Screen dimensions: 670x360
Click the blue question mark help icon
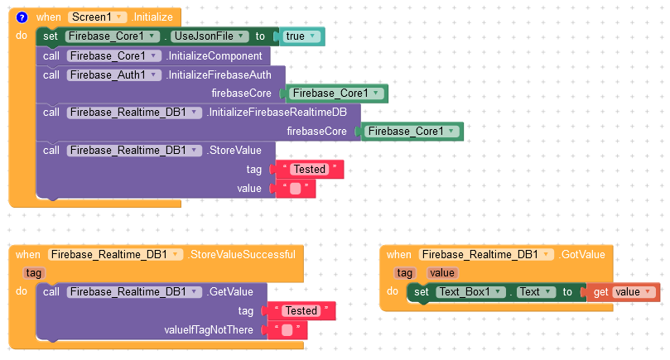coord(22,17)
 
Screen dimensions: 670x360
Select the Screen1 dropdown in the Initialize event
coord(97,17)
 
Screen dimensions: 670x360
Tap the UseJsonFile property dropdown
coord(210,36)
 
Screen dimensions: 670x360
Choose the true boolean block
coord(301,36)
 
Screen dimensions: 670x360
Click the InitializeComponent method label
coord(214,56)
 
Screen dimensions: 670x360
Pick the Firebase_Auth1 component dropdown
coord(114,75)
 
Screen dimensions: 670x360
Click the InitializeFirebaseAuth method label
coord(219,75)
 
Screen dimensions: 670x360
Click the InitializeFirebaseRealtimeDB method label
coord(277,113)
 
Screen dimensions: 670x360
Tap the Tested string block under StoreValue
coord(310,170)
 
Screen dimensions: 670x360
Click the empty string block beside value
coord(296,189)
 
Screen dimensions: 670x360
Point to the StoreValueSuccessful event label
coord(243,255)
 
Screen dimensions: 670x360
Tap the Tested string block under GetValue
coord(301,311)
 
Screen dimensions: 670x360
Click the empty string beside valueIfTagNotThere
coord(287,329)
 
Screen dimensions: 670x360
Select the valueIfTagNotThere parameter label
coord(209,329)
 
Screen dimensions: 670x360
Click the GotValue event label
coord(582,255)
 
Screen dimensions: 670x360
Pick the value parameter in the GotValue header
coord(441,273)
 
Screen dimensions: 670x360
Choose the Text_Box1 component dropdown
coord(471,292)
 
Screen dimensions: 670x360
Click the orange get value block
coord(624,292)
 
